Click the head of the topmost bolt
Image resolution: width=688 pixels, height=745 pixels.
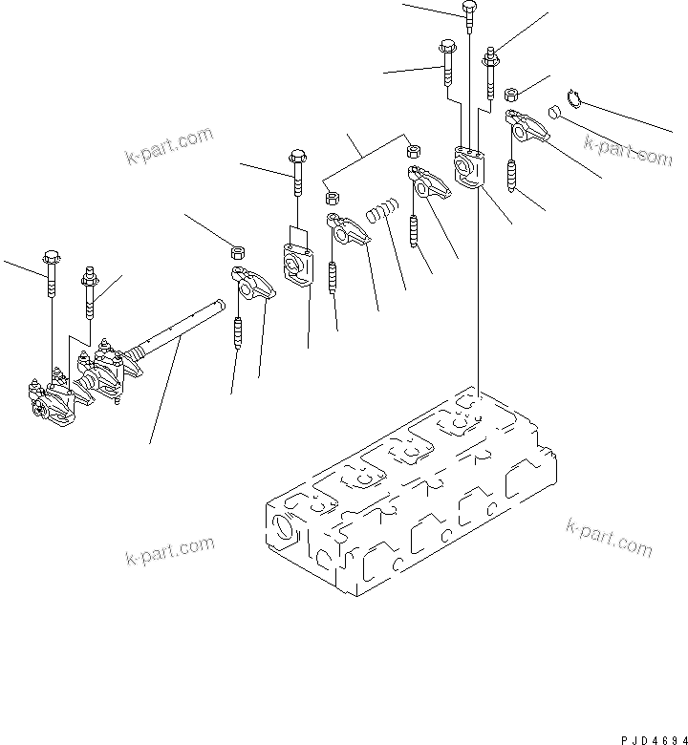(x=468, y=9)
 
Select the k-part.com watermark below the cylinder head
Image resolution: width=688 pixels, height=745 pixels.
(x=609, y=537)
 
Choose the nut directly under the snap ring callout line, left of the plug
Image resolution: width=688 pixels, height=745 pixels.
(x=511, y=94)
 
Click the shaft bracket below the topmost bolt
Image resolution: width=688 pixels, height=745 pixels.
(x=470, y=167)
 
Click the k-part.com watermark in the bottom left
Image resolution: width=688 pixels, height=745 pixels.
(x=169, y=551)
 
